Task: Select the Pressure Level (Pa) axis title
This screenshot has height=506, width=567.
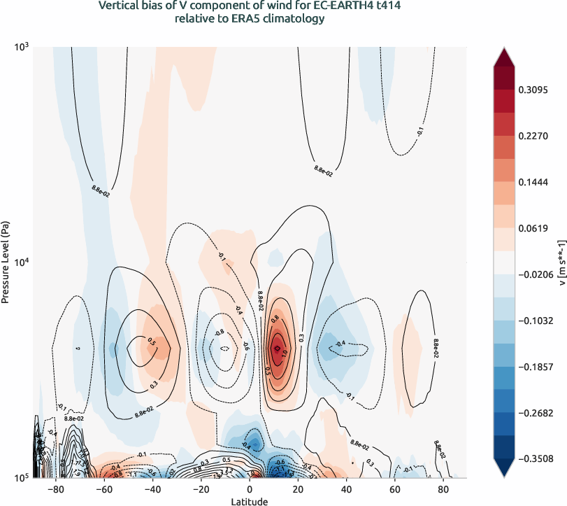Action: pos(6,262)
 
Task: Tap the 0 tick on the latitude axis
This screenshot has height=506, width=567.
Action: pos(250,489)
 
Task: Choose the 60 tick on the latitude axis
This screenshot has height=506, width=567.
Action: pos(395,489)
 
